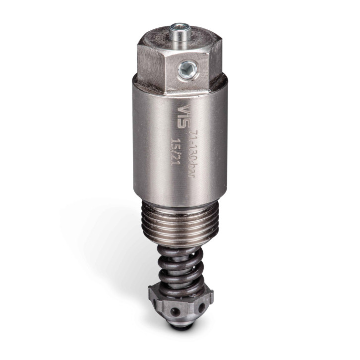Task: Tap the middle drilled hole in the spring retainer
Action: tap(175, 311)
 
